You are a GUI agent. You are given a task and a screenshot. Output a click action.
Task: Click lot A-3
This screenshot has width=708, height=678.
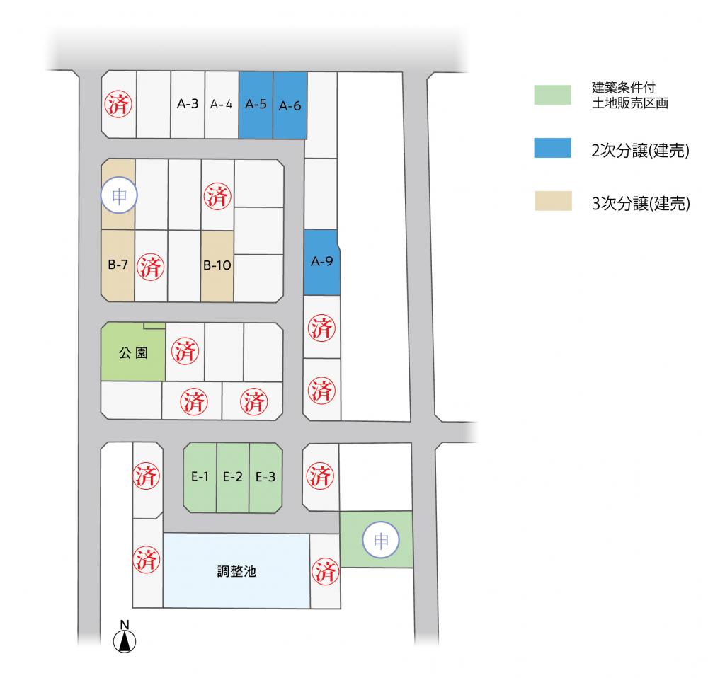[187, 104]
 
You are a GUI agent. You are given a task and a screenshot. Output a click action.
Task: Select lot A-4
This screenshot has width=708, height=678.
[222, 104]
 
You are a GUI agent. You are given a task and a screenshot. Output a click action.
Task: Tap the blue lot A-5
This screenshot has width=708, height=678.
[256, 104]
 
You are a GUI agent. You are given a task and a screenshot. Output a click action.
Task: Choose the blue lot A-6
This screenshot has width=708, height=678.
[290, 105]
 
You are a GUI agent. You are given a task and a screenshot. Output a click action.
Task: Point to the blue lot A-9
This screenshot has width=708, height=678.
[321, 262]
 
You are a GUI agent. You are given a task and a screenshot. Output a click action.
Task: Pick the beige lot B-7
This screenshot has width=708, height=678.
[118, 265]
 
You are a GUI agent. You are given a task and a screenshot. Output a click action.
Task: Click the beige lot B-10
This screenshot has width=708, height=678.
[217, 266]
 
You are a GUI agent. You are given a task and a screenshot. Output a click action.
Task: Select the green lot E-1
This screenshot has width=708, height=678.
[200, 477]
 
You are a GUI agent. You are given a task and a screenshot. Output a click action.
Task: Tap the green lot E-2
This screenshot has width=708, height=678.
[233, 477]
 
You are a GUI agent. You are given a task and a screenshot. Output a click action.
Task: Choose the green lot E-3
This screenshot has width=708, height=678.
[265, 477]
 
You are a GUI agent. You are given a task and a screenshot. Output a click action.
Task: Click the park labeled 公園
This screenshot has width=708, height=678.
[133, 352]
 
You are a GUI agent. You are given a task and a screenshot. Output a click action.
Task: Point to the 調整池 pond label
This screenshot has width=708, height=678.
[236, 571]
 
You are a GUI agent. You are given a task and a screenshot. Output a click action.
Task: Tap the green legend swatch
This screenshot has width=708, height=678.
[552, 95]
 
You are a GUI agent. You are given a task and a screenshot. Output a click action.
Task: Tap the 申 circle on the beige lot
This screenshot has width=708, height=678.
[118, 196]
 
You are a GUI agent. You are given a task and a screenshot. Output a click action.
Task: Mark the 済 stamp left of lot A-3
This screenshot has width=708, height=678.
[118, 104]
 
